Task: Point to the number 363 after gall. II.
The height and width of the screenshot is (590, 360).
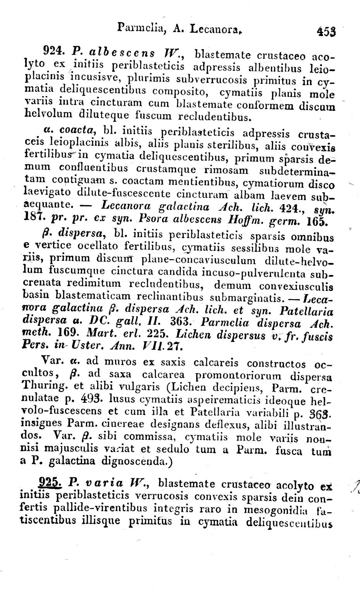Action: click(x=180, y=322)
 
